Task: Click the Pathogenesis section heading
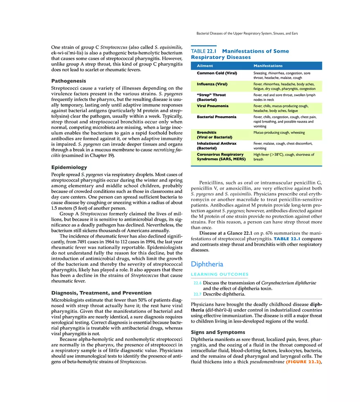click(x=68, y=81)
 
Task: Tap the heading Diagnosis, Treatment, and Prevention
click(x=101, y=293)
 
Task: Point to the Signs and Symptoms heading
click(x=218, y=332)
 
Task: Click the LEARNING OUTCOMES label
click(x=220, y=274)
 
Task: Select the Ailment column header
click(x=205, y=66)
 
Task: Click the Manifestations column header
click(x=268, y=66)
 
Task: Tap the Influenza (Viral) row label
click(x=212, y=84)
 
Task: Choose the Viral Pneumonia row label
click(x=213, y=106)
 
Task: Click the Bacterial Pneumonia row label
click(x=216, y=117)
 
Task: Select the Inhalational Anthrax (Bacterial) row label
click(x=216, y=146)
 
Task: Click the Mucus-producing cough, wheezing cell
click(x=279, y=133)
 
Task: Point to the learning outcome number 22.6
click(x=197, y=283)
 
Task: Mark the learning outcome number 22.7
click(x=197, y=294)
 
